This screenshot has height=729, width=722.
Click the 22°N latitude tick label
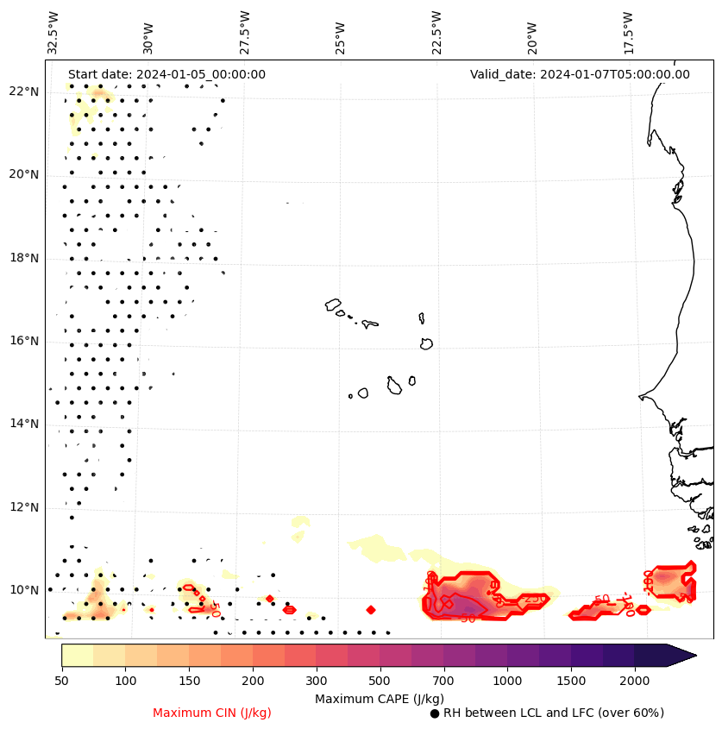[x=24, y=91]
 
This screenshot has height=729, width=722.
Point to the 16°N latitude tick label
[x=24, y=341]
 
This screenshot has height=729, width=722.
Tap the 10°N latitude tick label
[x=24, y=590]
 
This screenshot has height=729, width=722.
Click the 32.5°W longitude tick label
[x=53, y=33]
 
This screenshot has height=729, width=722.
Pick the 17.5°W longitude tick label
[x=627, y=33]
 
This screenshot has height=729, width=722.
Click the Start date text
[x=166, y=74]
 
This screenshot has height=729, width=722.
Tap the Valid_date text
[x=580, y=74]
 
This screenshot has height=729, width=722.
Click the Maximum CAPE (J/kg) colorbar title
[x=379, y=698]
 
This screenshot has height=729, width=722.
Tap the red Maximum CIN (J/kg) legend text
[x=212, y=713]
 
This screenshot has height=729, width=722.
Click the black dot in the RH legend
[x=435, y=713]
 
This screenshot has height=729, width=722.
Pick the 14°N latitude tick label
[x=24, y=424]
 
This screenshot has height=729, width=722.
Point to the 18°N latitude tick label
[x=24, y=258]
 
